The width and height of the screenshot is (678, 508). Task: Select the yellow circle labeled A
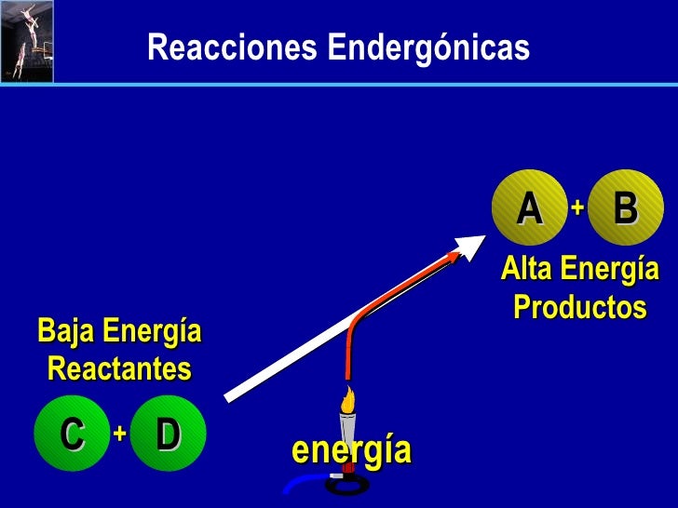coord(529,207)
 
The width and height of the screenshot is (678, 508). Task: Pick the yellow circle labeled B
coord(625,207)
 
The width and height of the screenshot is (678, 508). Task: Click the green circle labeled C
coord(71,433)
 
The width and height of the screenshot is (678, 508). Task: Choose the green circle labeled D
coord(168,433)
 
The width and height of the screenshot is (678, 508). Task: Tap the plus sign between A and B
coord(577,207)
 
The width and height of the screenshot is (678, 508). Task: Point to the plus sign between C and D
coord(119,433)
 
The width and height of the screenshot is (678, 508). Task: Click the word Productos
coord(579,306)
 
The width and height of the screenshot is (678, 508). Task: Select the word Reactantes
coord(118,369)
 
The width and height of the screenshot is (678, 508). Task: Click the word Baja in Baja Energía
coord(67,330)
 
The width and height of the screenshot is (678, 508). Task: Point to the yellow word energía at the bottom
coord(351,449)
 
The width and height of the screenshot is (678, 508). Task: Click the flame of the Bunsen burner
coord(347,401)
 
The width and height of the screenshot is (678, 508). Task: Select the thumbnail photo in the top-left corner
coord(26,42)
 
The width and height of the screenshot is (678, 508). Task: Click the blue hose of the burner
coord(300,484)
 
